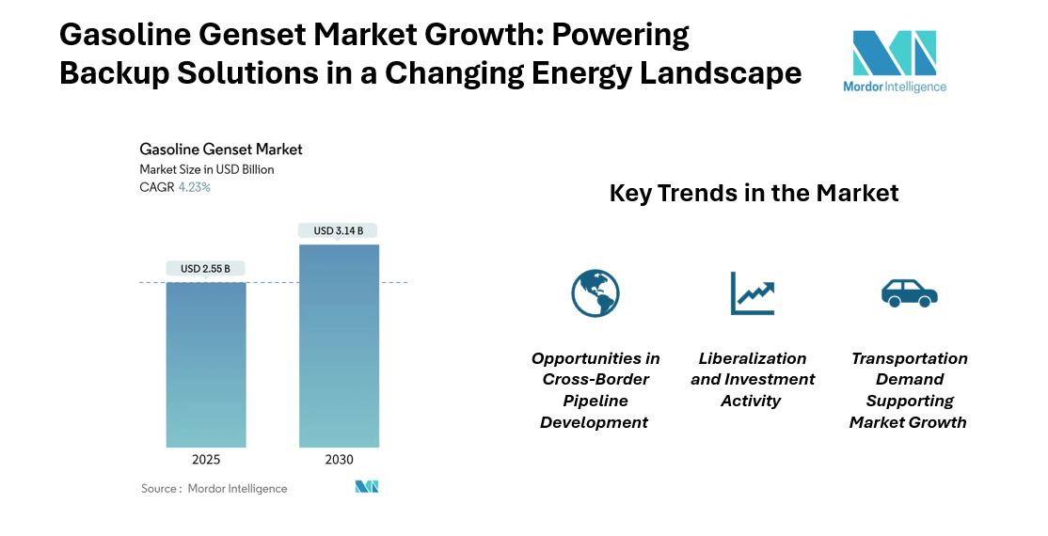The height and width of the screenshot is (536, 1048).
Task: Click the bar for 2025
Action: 206,365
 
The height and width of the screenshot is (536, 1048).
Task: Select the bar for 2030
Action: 339,346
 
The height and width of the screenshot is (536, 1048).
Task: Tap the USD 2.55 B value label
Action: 206,269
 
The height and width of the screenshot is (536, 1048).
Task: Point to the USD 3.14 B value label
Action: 339,230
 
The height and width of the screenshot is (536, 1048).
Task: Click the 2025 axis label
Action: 206,460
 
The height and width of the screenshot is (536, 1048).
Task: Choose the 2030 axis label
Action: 339,460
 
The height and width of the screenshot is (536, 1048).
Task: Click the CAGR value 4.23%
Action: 195,187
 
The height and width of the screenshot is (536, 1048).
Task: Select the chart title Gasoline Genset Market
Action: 221,149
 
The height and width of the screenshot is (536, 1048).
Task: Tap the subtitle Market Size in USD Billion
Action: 207,169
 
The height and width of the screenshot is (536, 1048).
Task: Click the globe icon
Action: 595,292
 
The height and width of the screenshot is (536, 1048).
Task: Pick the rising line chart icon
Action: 752,292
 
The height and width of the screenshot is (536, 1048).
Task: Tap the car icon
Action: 909,292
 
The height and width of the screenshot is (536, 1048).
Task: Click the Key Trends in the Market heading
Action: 754,193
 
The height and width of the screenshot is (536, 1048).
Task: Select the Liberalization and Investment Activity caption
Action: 753,380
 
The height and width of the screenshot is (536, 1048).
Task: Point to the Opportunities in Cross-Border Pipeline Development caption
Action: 595,390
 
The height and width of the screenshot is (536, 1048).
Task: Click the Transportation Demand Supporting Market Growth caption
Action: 909,390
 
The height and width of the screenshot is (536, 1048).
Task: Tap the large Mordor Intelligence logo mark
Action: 894,53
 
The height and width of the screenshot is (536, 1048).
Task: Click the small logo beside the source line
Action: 366,487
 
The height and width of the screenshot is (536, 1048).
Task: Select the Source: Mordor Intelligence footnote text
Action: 214,488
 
